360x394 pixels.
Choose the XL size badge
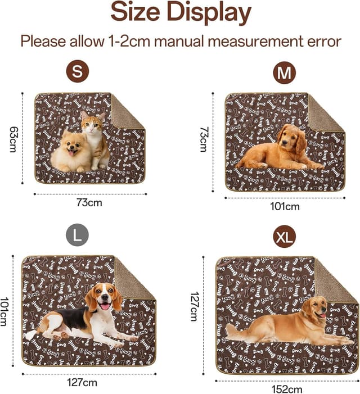[x=285, y=237]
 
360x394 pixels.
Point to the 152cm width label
[x=287, y=389]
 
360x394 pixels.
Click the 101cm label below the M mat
[x=285, y=206]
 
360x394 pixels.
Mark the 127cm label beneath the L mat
[x=82, y=383]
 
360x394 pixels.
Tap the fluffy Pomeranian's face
[x=72, y=147]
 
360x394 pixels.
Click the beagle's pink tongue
[x=103, y=306]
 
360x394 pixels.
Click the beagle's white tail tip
[x=31, y=335]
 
